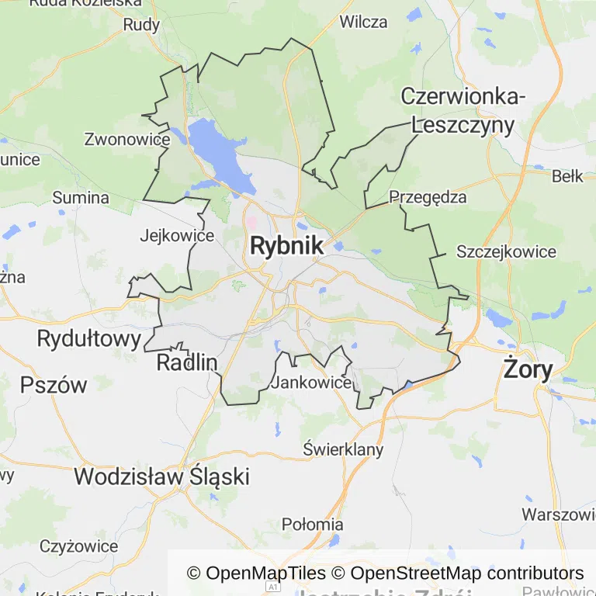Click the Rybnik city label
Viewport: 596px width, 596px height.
point(286,246)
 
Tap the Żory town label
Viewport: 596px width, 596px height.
point(528,368)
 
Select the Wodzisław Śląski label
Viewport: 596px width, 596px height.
point(162,476)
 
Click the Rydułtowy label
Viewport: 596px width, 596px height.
point(89,338)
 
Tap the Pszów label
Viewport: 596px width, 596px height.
point(54,385)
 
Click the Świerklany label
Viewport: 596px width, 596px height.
point(343,449)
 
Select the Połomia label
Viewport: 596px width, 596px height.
point(312,524)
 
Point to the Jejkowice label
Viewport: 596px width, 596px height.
point(177,235)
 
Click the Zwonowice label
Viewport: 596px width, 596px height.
point(126,140)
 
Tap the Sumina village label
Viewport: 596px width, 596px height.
point(81,198)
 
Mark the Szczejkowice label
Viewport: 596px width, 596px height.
point(506,251)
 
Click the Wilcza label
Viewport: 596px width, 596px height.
point(363,22)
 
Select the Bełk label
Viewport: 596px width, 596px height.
point(567,176)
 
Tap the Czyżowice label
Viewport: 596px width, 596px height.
point(78,546)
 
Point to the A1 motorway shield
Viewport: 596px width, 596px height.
point(272,588)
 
